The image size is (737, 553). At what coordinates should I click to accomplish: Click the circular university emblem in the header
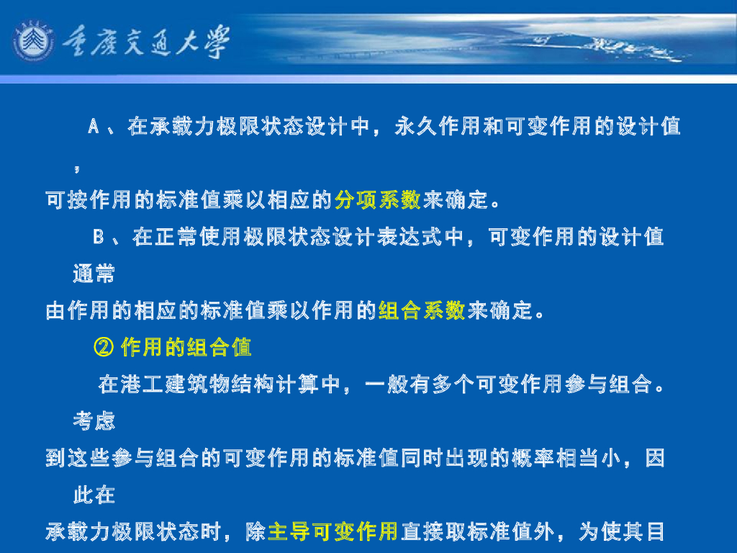coord(33,40)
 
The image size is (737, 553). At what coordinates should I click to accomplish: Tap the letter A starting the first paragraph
coord(93,127)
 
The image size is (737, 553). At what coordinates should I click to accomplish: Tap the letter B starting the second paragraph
coord(99,236)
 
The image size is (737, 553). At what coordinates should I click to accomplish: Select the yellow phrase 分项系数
coord(378,200)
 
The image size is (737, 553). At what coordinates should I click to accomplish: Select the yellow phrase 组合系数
coord(422,311)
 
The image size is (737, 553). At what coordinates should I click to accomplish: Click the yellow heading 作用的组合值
coord(186,349)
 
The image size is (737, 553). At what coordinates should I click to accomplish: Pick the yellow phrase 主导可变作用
coord(333,532)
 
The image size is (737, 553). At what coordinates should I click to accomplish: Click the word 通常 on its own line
coord(94,274)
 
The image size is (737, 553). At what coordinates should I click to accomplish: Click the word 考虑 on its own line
coord(94,421)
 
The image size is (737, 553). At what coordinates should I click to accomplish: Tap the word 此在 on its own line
coord(94,495)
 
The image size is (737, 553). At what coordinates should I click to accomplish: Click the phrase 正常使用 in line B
coord(199,236)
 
